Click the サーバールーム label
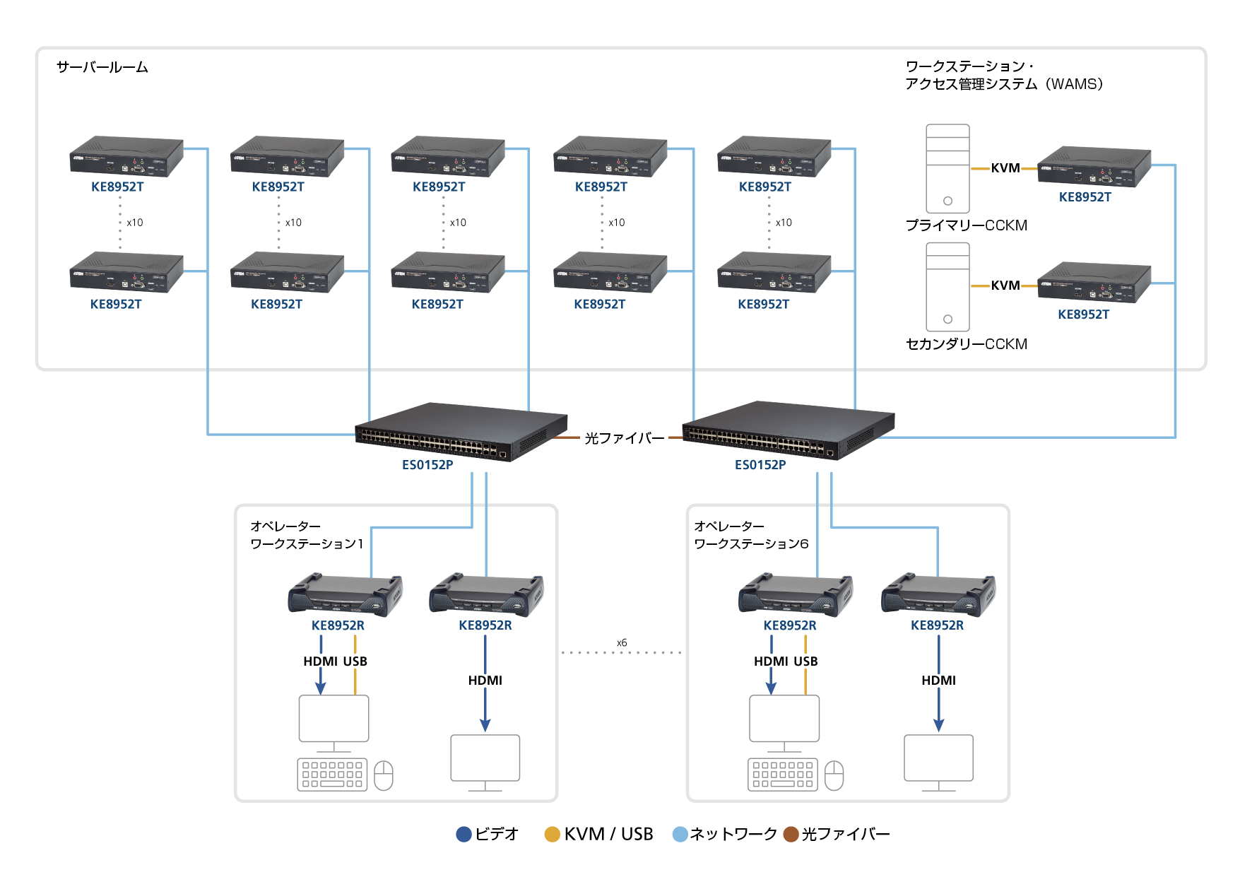[102, 67]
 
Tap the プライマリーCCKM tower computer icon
[947, 168]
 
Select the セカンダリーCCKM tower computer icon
[947, 287]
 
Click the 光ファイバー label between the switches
[625, 438]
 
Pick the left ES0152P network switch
[461, 431]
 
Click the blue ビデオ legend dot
[464, 835]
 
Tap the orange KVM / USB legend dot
[553, 835]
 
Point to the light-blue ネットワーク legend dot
[680, 835]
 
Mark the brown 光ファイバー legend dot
[791, 835]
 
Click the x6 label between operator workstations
[622, 643]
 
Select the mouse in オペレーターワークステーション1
[384, 775]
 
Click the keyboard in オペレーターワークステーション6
[783, 775]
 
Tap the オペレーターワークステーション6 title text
[751, 535]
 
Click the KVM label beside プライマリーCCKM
[1005, 168]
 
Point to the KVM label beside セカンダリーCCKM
[1005, 286]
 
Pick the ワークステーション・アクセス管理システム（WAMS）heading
[1003, 75]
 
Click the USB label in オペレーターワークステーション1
[355, 661]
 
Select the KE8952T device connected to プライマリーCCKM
[1094, 167]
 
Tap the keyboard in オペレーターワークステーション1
[332, 775]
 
